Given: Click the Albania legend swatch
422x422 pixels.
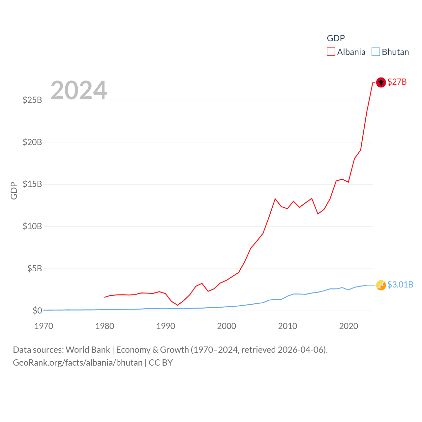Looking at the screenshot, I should point(331,52).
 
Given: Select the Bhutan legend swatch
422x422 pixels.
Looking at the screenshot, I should point(376,52).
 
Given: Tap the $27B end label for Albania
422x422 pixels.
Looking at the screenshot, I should point(397,82).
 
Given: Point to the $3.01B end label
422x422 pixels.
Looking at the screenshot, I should point(400,285).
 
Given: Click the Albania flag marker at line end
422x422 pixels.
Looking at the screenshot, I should point(381,82).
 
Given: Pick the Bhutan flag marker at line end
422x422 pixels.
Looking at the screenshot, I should point(381,285).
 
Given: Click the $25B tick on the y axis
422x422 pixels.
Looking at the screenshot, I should point(32,100).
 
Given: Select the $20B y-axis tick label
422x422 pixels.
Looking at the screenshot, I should point(32,142).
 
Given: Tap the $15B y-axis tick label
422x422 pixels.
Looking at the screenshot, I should point(32,184).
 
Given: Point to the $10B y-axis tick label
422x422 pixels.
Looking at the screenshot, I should point(32,226).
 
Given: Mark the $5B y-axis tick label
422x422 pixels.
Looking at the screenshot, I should point(35,269).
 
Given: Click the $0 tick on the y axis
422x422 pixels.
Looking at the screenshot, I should point(37,311).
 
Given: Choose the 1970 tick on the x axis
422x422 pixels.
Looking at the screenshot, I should point(44,326).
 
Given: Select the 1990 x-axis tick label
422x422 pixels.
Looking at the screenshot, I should point(166,326).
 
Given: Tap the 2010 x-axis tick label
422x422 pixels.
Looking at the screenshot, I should point(287,326).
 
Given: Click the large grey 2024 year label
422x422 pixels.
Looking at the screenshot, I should point(79,90).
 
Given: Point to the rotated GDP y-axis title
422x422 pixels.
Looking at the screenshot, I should point(14,191).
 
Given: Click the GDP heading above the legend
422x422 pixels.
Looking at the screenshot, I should point(336,38).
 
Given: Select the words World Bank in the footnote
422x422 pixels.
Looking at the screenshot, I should point(88,349).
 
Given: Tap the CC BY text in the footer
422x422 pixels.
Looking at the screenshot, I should point(161,363).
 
